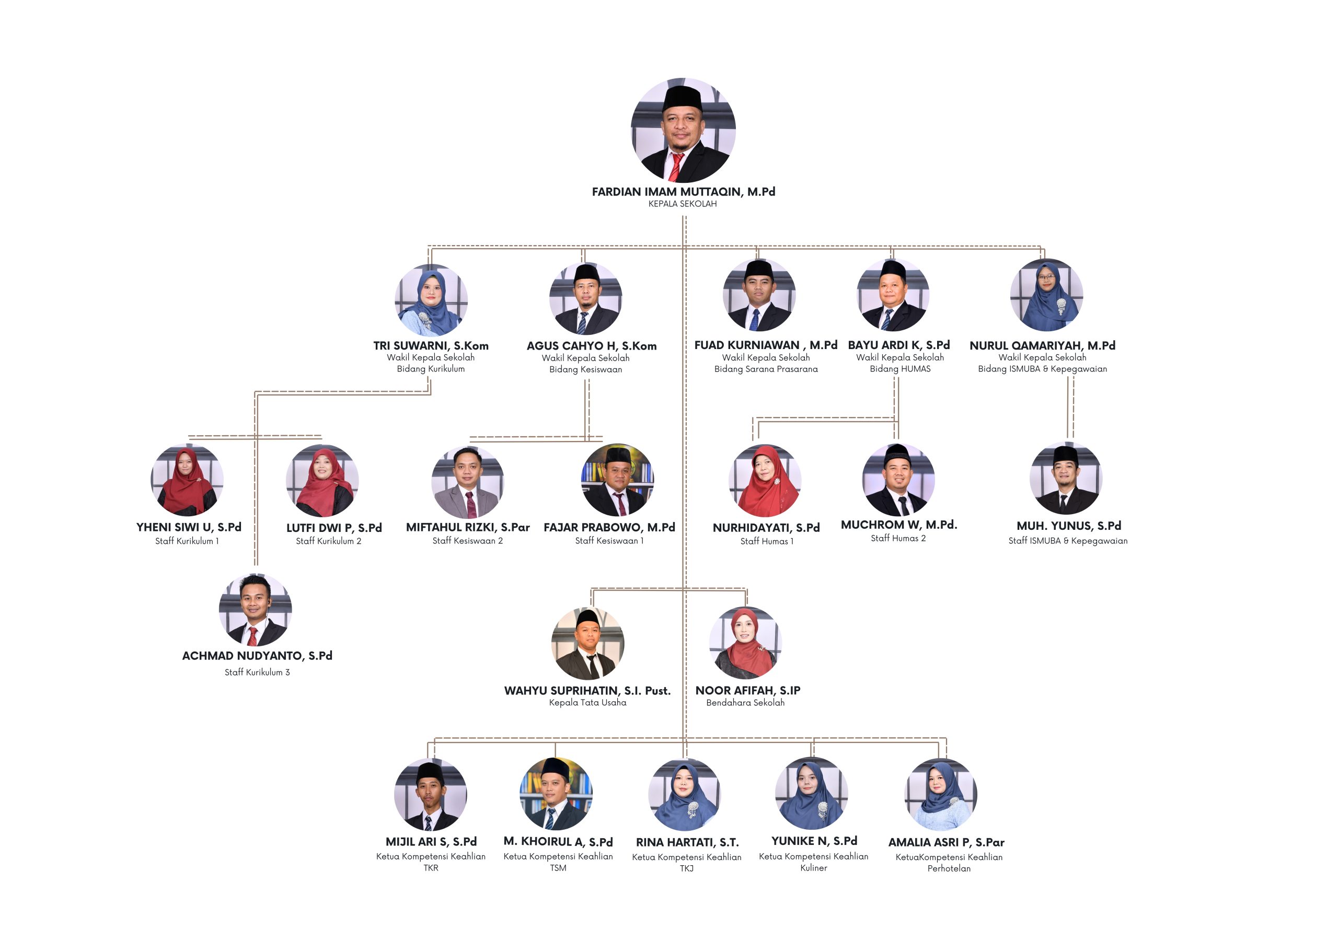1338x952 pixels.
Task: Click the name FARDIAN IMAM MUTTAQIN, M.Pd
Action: click(x=683, y=192)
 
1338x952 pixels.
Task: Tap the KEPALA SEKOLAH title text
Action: click(x=683, y=204)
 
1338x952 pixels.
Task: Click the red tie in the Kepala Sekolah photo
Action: click(x=676, y=168)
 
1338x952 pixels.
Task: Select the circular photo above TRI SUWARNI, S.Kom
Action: click(x=431, y=299)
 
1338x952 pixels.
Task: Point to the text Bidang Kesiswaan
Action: click(x=585, y=369)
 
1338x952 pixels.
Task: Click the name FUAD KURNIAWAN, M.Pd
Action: click(x=765, y=345)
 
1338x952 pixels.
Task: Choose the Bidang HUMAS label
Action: click(x=899, y=369)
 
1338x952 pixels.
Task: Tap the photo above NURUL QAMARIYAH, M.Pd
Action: click(x=1046, y=295)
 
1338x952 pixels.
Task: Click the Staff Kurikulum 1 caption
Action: click(x=187, y=541)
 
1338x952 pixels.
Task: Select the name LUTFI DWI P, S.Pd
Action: click(x=333, y=528)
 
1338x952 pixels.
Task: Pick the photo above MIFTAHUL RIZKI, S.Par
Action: click(x=467, y=482)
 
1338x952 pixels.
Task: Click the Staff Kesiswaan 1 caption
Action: click(x=609, y=540)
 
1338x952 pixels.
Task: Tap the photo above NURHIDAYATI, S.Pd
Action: click(x=765, y=481)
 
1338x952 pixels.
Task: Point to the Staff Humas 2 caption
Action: click(x=898, y=538)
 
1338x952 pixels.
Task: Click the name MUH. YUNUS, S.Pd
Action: click(x=1068, y=526)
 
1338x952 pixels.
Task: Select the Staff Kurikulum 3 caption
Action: click(x=257, y=672)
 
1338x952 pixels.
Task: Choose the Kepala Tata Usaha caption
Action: click(x=587, y=703)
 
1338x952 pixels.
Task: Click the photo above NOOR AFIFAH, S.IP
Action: click(x=745, y=643)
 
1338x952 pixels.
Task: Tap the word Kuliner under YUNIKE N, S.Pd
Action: click(x=813, y=868)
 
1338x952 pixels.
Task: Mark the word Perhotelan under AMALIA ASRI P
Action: click(x=948, y=869)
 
